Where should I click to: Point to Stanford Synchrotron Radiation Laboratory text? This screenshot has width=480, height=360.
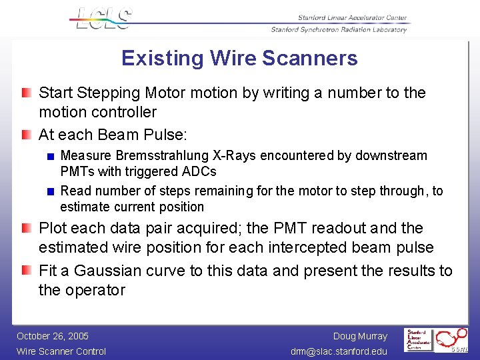click(339, 29)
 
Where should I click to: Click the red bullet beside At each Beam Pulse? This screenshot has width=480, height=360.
click(25, 135)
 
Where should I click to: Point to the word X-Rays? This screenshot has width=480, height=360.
click(235, 156)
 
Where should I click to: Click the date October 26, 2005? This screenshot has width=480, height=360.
click(53, 336)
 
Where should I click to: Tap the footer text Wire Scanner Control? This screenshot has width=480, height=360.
click(61, 351)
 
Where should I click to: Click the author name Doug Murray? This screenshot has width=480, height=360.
click(360, 336)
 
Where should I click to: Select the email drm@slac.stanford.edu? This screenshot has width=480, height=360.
click(339, 351)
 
